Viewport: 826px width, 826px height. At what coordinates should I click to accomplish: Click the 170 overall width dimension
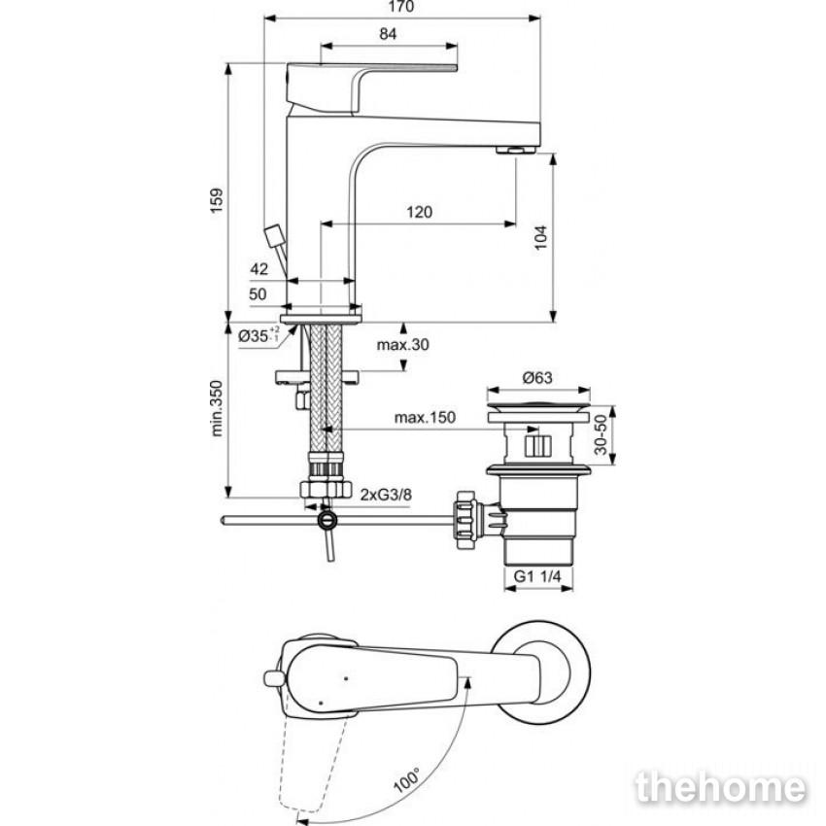click(x=401, y=7)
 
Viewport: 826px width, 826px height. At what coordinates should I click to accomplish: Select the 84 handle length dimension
click(x=388, y=34)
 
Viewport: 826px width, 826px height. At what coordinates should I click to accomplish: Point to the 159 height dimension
click(x=217, y=200)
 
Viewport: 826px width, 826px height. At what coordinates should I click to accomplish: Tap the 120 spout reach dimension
click(x=420, y=212)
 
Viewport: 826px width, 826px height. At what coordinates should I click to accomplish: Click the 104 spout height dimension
click(x=540, y=237)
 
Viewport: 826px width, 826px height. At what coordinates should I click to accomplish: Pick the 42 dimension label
click(x=258, y=269)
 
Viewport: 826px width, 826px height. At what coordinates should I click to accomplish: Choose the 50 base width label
click(x=258, y=293)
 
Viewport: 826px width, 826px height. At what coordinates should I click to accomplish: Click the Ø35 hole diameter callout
click(x=258, y=335)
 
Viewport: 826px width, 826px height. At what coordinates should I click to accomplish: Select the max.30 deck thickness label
click(x=403, y=345)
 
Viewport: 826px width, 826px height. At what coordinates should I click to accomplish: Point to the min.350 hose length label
click(x=217, y=408)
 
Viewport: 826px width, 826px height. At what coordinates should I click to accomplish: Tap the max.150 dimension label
click(x=425, y=417)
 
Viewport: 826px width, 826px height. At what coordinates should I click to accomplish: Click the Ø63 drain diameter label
click(x=537, y=377)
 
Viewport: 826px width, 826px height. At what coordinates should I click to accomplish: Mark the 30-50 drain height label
click(x=601, y=434)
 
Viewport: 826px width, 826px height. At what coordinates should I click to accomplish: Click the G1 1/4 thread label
click(x=537, y=576)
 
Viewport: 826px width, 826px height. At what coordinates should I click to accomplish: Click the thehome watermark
click(x=721, y=787)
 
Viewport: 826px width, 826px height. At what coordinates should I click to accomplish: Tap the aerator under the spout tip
click(x=516, y=150)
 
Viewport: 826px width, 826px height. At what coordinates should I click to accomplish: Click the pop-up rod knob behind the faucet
click(x=274, y=236)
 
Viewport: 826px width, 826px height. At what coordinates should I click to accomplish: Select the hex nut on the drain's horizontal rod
click(x=466, y=520)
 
